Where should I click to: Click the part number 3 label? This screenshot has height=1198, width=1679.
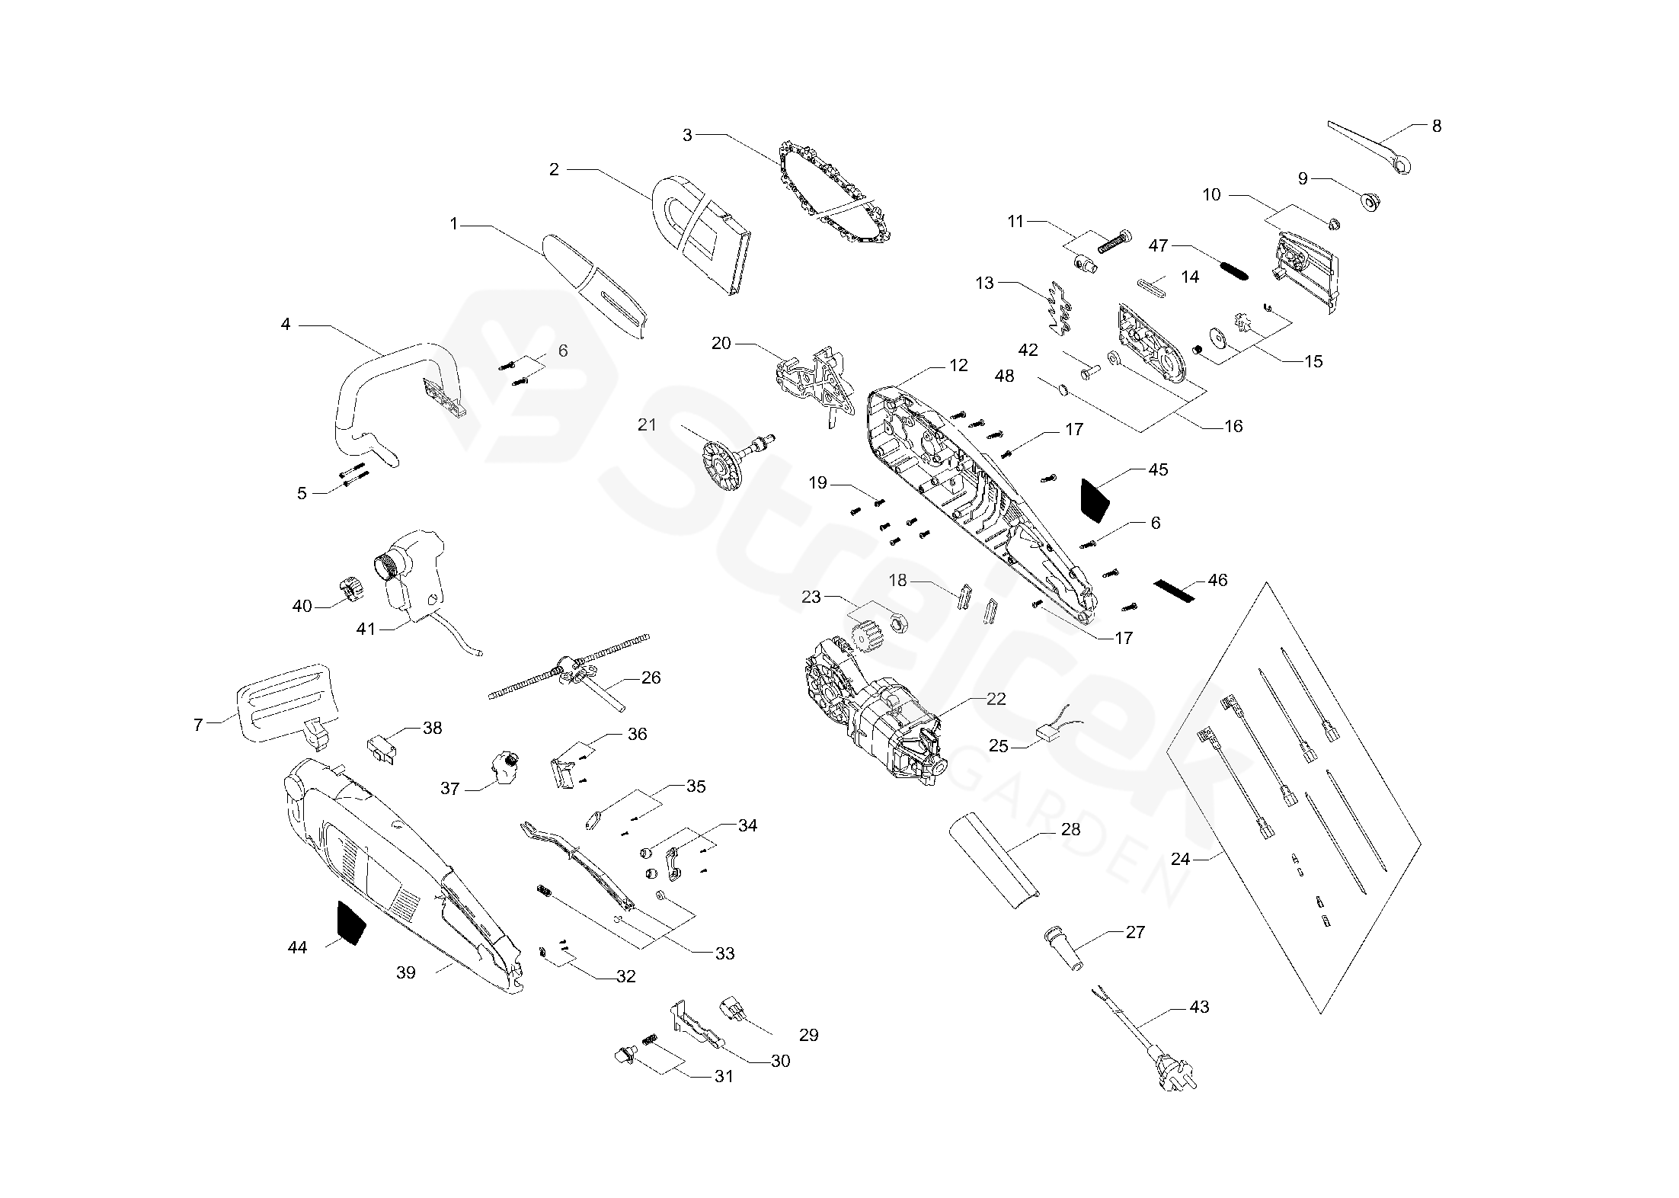click(x=687, y=135)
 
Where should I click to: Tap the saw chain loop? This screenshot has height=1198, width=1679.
click(x=836, y=193)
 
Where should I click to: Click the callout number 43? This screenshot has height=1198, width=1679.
click(x=1199, y=1007)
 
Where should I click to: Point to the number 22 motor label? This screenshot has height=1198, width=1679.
click(x=996, y=699)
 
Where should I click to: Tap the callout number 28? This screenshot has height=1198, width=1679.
click(x=1070, y=829)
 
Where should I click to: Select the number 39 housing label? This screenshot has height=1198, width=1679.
click(x=406, y=972)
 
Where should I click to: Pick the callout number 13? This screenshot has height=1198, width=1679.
click(x=984, y=283)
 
